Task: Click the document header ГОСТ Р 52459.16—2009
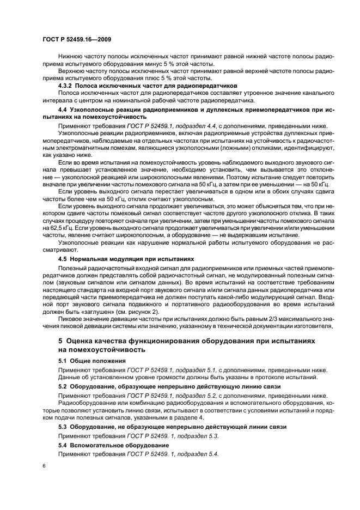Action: (x=77, y=40)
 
